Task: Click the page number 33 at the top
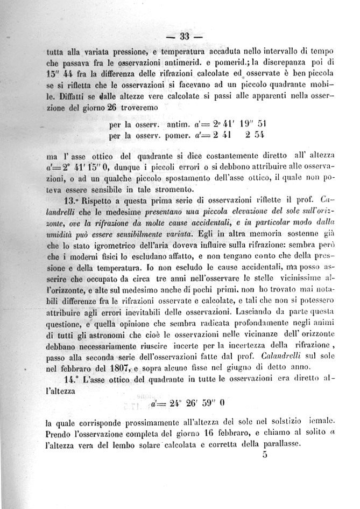coord(184,37)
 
